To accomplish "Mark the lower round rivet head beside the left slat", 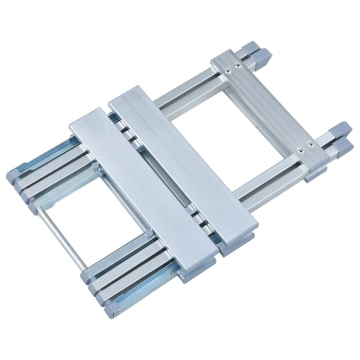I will (x=149, y=235).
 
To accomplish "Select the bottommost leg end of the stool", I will (x=110, y=312).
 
